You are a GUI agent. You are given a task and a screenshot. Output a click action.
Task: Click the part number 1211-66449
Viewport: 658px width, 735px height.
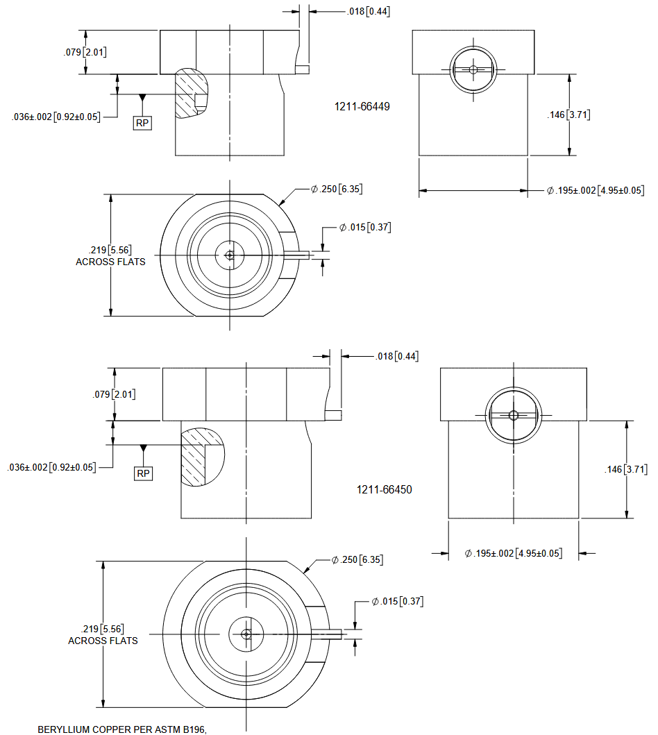pos(363,107)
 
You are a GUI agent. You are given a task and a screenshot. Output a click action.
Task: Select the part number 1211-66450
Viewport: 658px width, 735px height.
pos(384,489)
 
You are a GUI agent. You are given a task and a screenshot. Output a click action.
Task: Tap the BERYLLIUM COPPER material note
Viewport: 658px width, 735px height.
pos(123,729)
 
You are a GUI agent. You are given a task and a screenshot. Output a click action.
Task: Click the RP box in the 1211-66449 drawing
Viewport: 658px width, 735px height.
pos(142,123)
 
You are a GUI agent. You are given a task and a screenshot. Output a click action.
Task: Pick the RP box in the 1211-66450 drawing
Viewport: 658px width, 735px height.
pos(143,473)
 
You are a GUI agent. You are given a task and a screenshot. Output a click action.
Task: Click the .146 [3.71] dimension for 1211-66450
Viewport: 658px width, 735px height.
pos(626,469)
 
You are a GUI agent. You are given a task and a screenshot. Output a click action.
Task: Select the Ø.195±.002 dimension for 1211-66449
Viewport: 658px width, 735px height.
pos(596,190)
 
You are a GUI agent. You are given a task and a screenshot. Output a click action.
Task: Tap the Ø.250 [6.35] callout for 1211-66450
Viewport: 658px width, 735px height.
pos(357,559)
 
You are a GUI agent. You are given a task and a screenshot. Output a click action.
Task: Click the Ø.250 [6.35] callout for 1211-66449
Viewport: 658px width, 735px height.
pos(337,189)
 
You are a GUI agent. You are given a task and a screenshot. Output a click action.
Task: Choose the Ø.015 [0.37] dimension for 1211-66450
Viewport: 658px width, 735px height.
pos(397,600)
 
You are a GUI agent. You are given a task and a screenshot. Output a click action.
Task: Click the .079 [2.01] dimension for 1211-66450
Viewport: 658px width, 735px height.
pos(114,394)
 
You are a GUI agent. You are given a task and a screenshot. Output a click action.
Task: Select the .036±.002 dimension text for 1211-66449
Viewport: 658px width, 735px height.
pos(56,117)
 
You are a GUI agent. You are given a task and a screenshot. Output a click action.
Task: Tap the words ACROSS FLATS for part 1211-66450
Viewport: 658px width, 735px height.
pos(103,641)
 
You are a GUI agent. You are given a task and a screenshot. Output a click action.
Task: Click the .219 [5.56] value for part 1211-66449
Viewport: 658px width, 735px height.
pos(110,251)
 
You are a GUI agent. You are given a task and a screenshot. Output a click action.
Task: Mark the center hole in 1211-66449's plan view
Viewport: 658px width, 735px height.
pos(230,255)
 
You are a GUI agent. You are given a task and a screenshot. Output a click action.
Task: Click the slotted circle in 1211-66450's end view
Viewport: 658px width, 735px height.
pos(514,416)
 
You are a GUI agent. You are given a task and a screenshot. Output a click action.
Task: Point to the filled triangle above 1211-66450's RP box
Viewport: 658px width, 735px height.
pos(143,449)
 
